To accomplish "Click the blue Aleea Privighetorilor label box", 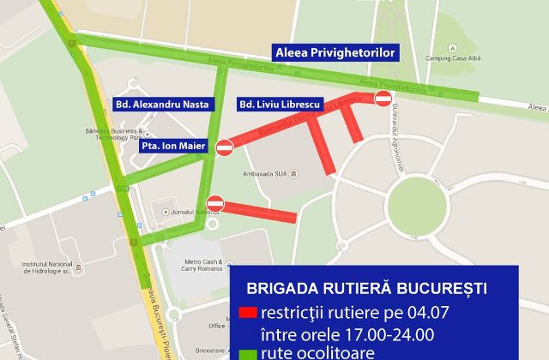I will coord(335,53).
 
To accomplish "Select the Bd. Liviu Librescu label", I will coord(278,104).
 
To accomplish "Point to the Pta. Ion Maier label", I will coord(173,147).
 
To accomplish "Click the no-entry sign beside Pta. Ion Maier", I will coord(224,147).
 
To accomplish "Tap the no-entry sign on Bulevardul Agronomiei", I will coord(383,99).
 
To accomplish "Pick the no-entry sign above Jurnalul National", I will coord(215,203).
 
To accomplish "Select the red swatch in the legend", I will coord(248,311).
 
